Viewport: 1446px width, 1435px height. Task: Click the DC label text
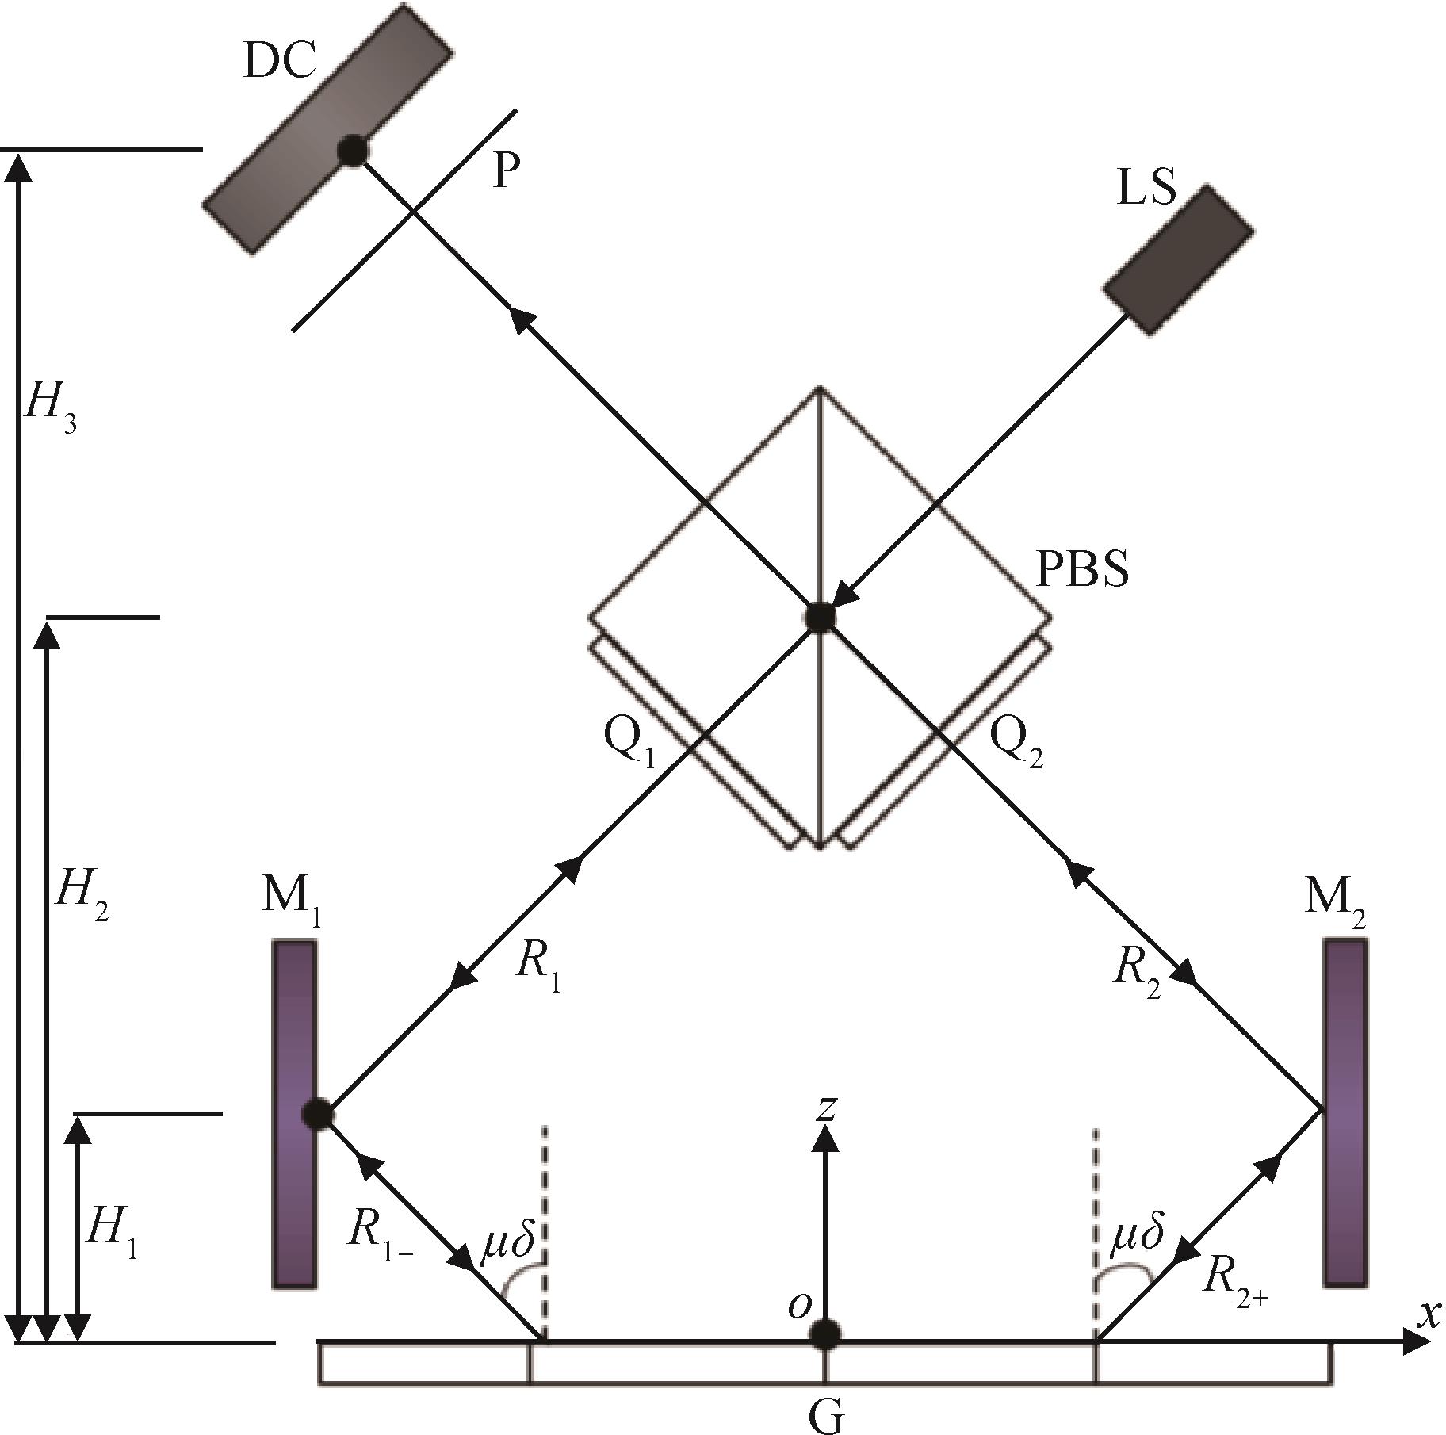280,61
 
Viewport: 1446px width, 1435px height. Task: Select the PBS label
1082,568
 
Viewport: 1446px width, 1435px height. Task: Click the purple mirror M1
294,1112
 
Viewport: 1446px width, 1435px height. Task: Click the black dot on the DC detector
353,150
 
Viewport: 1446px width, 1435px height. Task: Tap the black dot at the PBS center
820,616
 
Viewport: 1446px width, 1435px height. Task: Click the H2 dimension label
81,897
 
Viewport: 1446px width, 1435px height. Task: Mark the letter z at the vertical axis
826,1108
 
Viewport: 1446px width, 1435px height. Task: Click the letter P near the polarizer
506,170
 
